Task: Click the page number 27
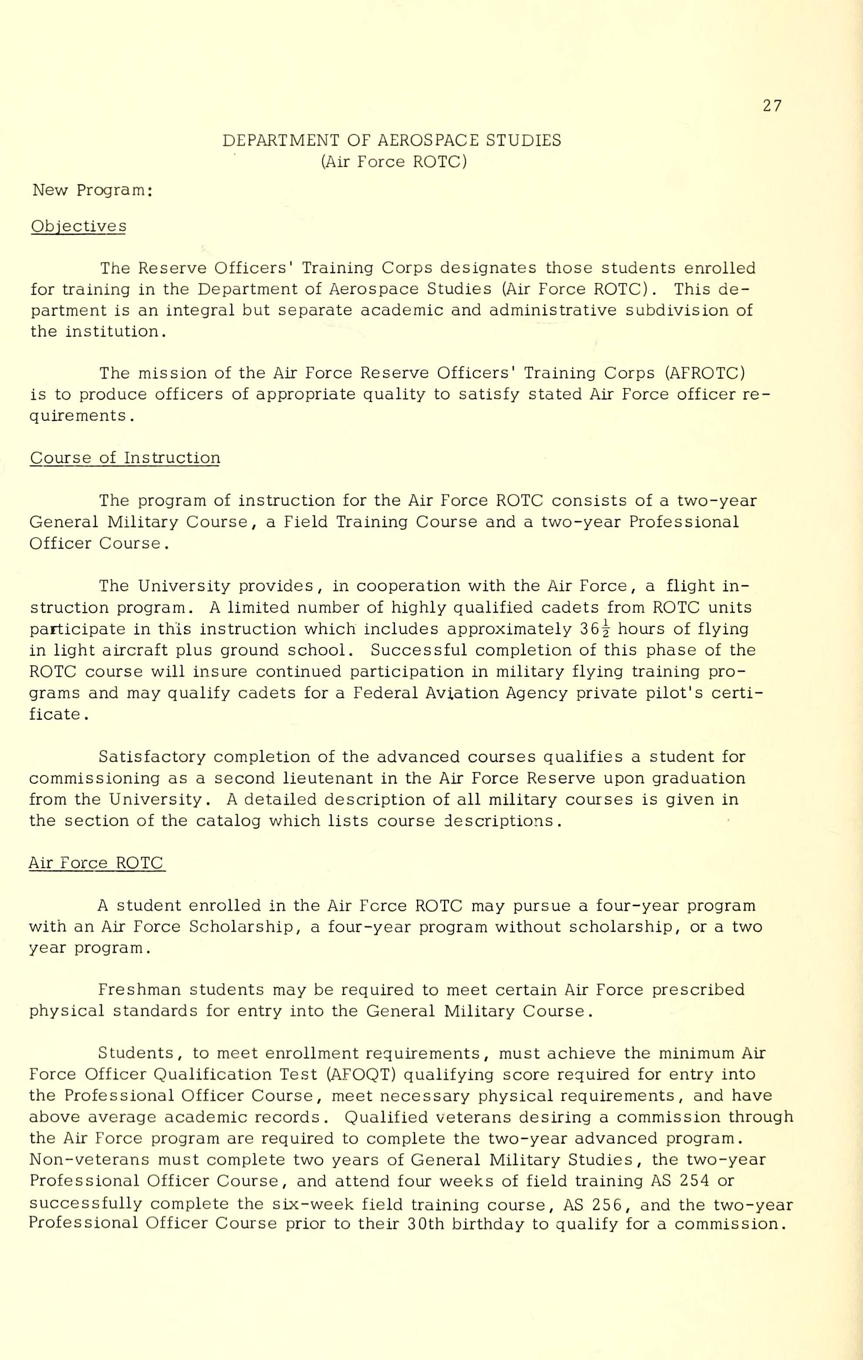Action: [x=772, y=106]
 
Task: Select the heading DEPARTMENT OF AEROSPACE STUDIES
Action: [x=392, y=140]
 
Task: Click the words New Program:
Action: [x=92, y=191]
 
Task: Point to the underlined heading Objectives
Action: [x=78, y=226]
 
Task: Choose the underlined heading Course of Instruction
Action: [x=125, y=457]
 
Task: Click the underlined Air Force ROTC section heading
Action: [x=97, y=863]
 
